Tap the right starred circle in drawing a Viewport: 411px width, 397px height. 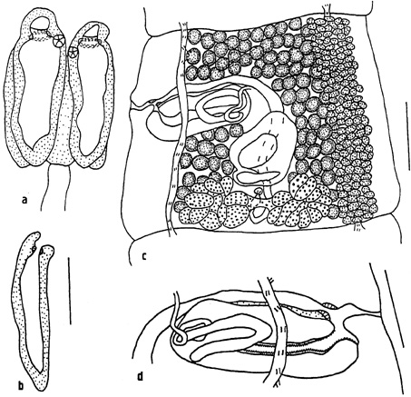tap(73, 53)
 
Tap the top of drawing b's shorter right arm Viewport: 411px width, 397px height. tap(47, 248)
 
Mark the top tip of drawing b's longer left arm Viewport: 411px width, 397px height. tap(36, 233)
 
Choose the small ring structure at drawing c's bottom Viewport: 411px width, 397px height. tap(258, 213)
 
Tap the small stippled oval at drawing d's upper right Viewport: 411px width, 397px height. tap(329, 305)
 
